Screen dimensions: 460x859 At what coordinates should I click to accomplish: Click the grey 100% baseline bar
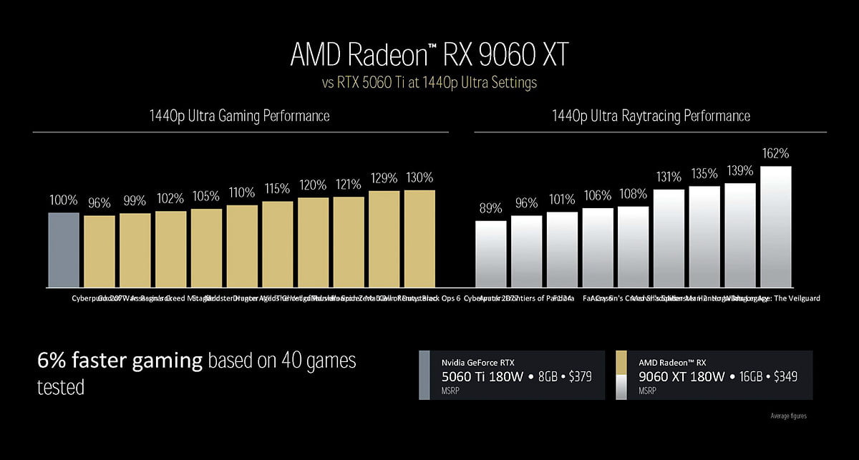[64, 250]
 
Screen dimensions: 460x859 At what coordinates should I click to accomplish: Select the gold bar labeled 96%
[99, 251]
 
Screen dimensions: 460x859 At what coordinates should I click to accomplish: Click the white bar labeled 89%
[490, 254]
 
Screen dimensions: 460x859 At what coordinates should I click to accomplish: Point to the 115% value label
[277, 189]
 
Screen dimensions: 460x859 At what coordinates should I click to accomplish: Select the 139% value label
[740, 170]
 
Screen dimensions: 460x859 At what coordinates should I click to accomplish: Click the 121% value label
[349, 185]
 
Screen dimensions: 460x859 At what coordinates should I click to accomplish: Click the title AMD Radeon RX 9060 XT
[429, 55]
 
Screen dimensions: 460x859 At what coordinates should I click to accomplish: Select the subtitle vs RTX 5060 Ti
[429, 83]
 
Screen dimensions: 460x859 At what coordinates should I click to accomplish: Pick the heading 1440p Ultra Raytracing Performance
[651, 115]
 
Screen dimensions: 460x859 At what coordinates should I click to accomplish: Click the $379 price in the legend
[577, 376]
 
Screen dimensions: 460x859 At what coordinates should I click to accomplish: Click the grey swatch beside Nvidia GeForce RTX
[424, 375]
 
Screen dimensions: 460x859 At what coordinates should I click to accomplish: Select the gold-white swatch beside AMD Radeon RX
[621, 375]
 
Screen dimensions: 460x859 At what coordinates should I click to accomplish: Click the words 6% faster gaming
[120, 361]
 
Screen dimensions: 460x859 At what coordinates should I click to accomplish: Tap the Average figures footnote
[788, 416]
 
